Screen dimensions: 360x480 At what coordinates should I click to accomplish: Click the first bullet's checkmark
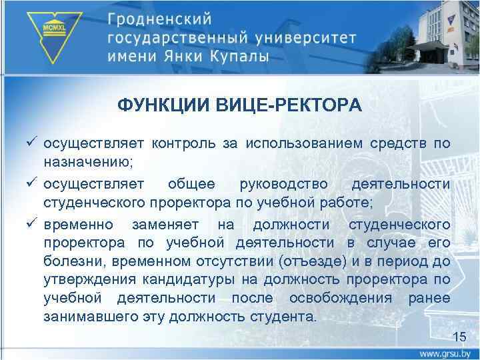pos(33,143)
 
